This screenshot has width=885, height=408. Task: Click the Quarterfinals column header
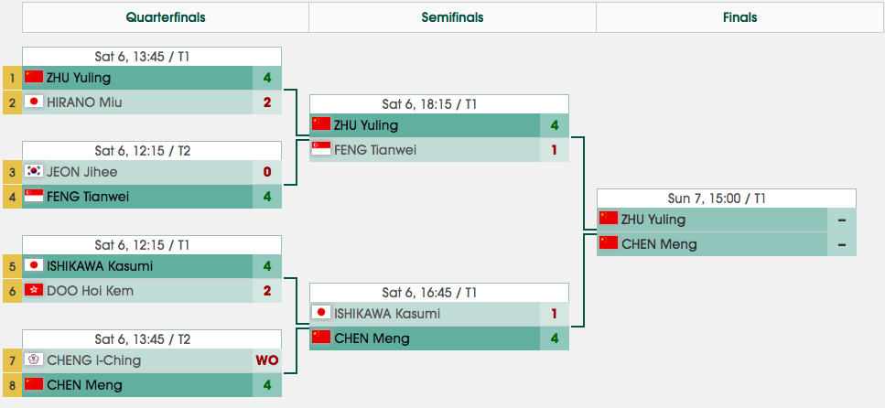(x=166, y=17)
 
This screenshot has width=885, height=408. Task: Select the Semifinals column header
(x=452, y=17)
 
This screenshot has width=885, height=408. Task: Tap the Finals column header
(x=739, y=17)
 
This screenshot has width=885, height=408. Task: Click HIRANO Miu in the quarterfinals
(x=84, y=102)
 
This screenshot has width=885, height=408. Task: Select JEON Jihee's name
(x=82, y=171)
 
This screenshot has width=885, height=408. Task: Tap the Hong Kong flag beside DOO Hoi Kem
(x=35, y=290)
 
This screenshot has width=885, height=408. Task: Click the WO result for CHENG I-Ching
(x=267, y=360)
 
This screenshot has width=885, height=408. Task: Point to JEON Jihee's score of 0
(x=267, y=171)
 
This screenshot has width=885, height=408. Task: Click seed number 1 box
(x=12, y=78)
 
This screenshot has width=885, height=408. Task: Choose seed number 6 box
(x=12, y=290)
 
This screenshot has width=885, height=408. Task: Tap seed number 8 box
(x=12, y=384)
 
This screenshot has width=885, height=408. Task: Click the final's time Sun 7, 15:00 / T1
(x=726, y=199)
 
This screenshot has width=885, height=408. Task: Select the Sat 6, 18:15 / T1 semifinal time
(x=439, y=104)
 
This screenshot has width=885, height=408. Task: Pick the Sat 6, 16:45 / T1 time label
(x=439, y=293)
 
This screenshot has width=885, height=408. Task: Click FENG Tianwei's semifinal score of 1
(x=555, y=149)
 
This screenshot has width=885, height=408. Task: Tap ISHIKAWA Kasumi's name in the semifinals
(x=387, y=314)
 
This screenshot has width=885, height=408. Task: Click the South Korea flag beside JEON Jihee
(x=35, y=171)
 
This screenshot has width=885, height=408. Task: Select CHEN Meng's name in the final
(x=659, y=243)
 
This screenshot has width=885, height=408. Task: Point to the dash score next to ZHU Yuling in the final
(x=840, y=220)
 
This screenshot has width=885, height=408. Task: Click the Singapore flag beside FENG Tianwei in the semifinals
(x=321, y=149)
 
